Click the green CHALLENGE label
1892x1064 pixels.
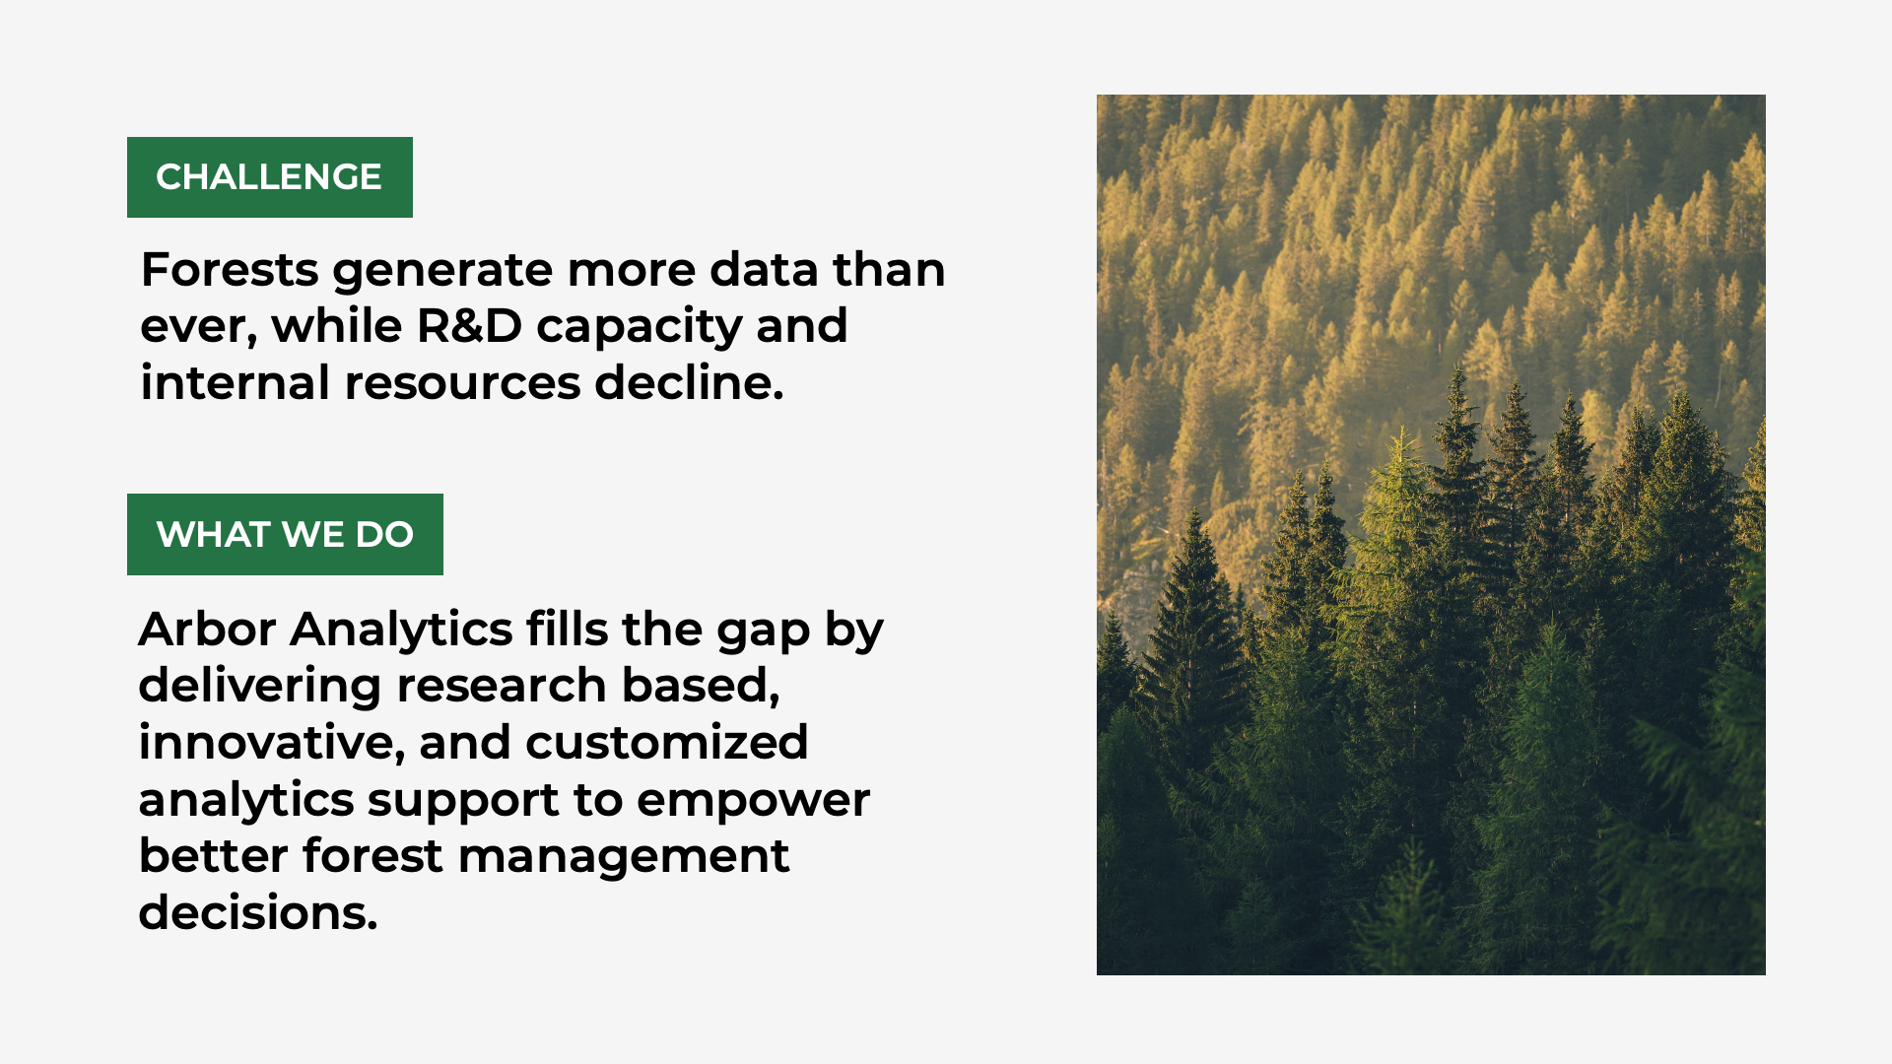coord(270,177)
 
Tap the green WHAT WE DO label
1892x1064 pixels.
coord(285,534)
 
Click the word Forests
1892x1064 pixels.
coord(230,270)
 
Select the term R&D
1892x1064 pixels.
coord(469,326)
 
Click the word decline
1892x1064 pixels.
coord(689,382)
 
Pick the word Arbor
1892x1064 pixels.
coord(207,630)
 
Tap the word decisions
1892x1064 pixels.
coord(258,912)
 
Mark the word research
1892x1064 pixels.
coord(502,686)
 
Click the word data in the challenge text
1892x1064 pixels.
coord(764,270)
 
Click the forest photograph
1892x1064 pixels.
coord(1431,535)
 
